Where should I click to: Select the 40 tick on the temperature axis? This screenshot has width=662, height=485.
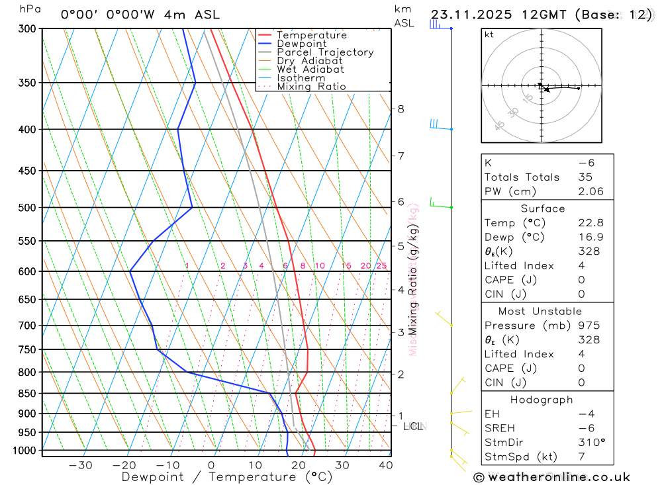point(385,465)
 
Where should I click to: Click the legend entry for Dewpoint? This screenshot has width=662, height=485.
point(301,44)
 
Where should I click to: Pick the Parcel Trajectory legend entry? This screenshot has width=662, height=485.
point(325,52)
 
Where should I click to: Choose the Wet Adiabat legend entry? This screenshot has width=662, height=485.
point(310,69)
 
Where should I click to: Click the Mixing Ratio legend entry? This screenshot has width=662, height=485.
point(311,87)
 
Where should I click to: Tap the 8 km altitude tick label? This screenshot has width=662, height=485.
point(401,109)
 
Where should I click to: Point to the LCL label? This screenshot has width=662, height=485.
point(413,426)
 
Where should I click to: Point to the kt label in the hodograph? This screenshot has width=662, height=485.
point(489,34)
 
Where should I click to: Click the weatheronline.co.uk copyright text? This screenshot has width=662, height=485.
point(551,477)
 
